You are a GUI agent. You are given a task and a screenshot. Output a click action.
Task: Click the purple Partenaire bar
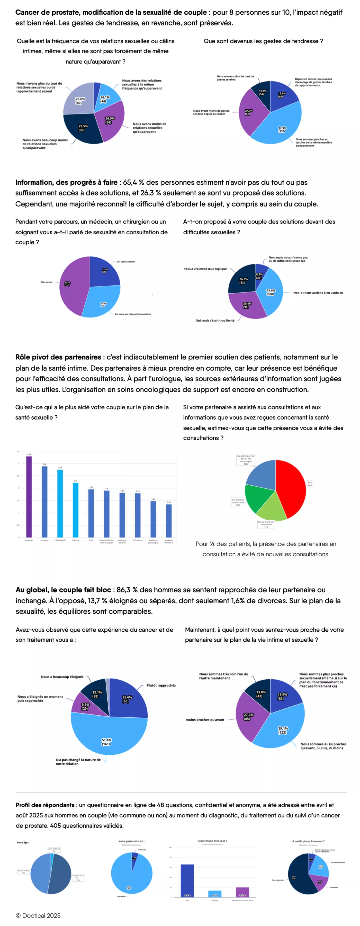click(x=29, y=496)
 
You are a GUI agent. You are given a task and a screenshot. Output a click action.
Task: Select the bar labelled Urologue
click(x=44, y=502)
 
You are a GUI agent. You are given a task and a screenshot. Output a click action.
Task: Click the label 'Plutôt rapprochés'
click(x=161, y=685)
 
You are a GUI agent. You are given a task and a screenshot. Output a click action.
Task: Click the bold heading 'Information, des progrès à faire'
click(x=66, y=182)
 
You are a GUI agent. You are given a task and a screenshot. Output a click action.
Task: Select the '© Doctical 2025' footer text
click(x=38, y=915)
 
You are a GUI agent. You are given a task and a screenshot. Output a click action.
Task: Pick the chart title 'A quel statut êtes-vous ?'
click(x=212, y=841)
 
